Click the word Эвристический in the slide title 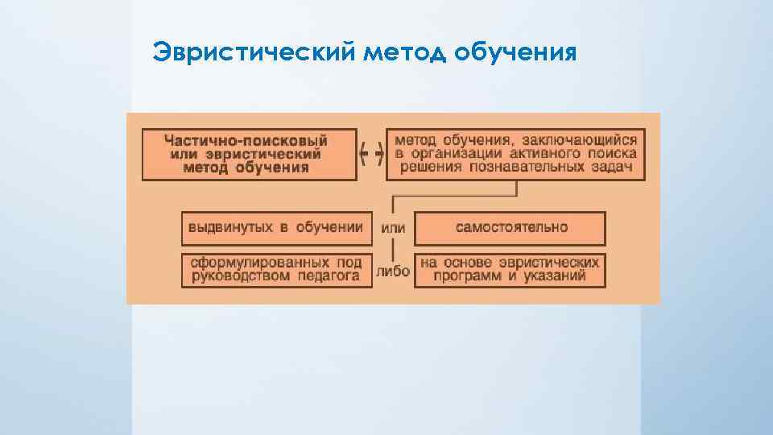pos(254,53)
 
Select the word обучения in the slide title pos(515,53)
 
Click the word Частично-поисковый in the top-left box pos(246,139)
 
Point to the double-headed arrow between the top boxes pos(371,153)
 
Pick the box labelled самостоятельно pos(511,227)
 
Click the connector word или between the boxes pos(393,228)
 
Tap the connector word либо pos(393,271)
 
